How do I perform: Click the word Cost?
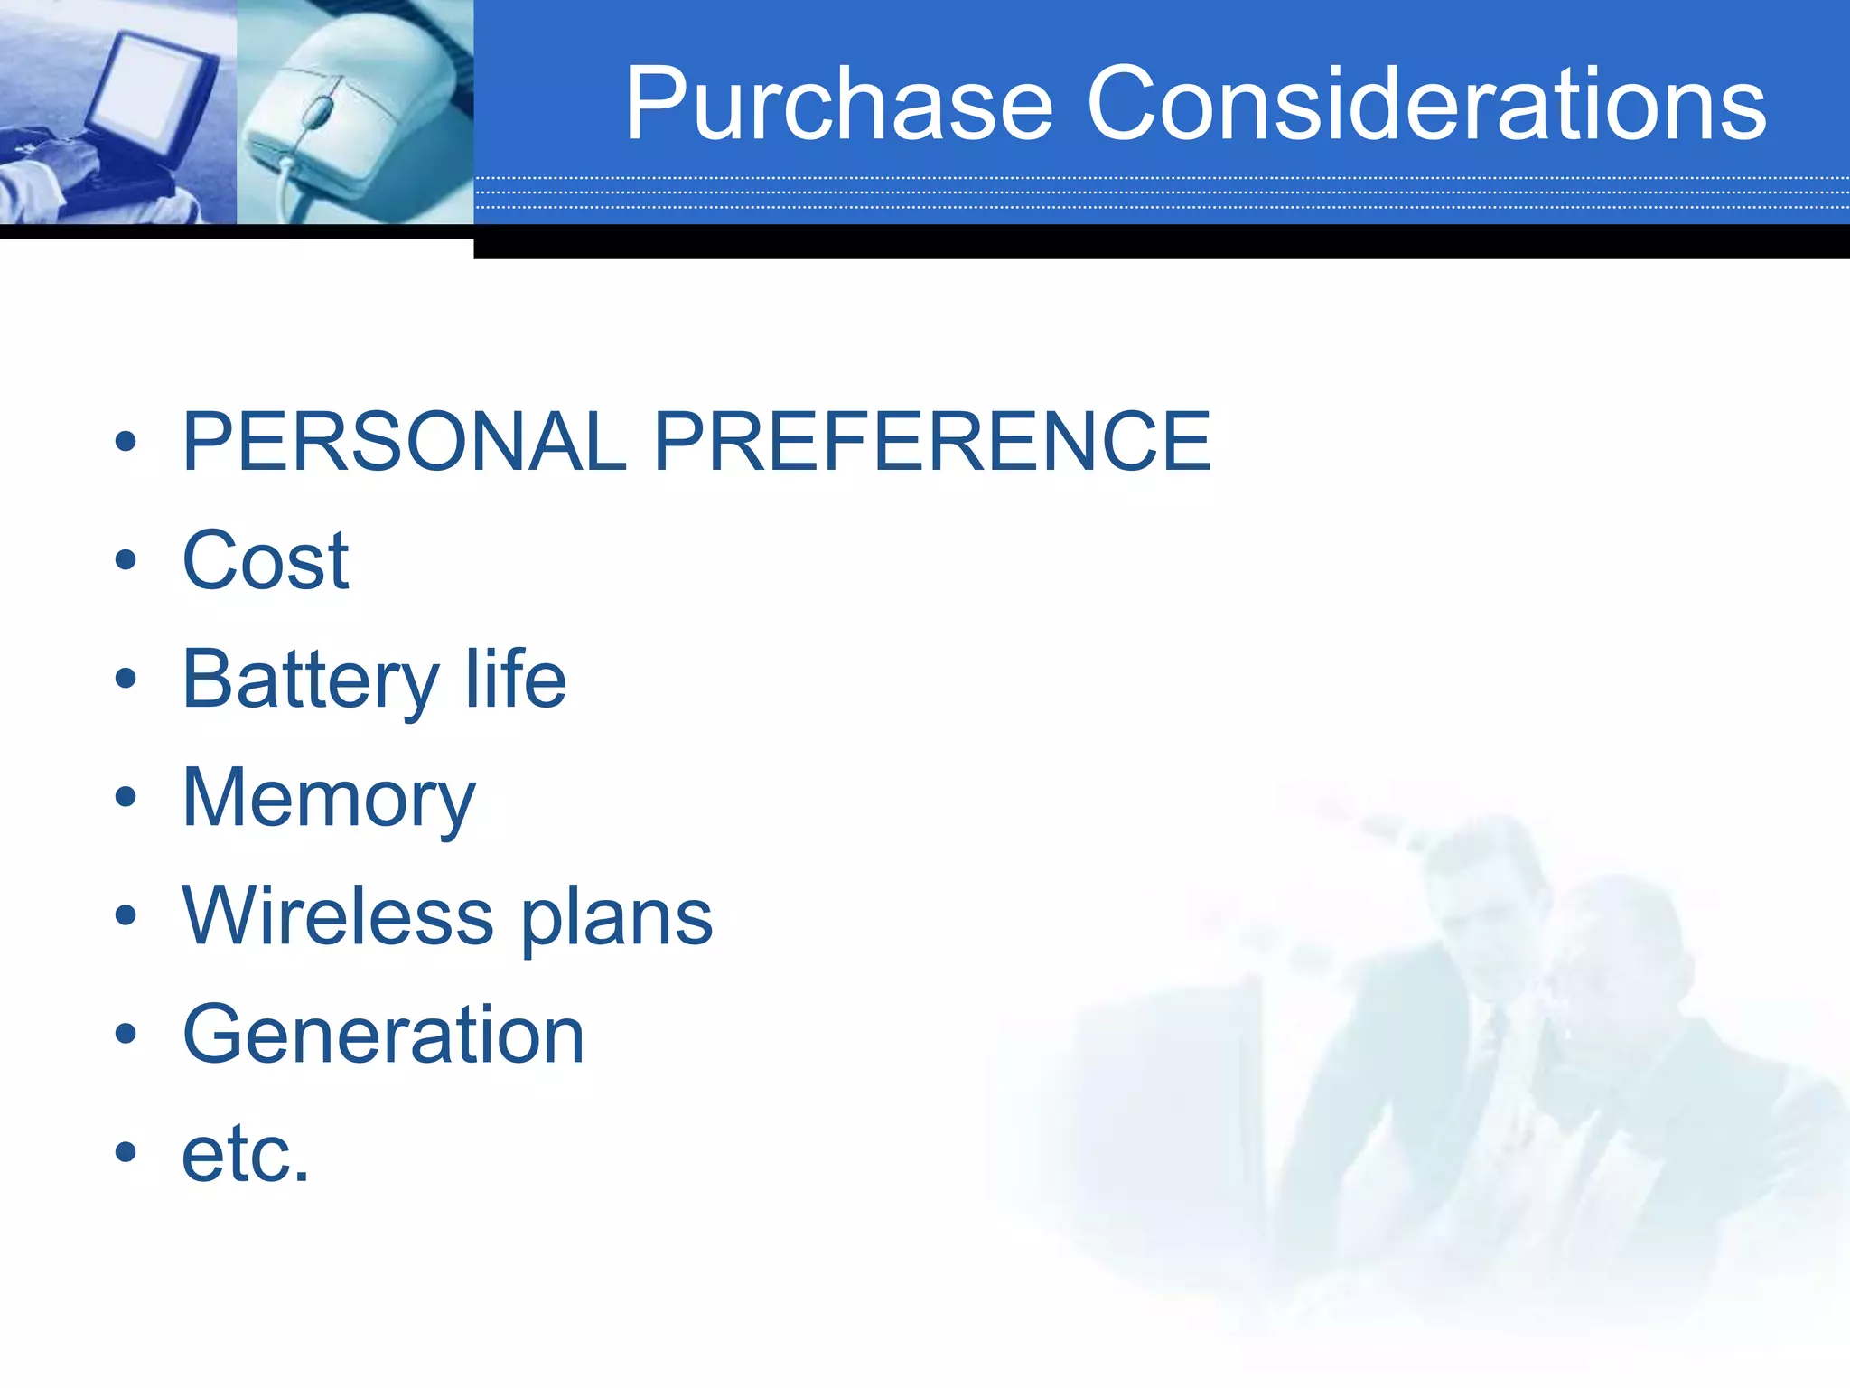[265, 560]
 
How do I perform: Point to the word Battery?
[310, 680]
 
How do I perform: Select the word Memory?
[328, 799]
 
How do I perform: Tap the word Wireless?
[338, 916]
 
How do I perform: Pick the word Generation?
[383, 1035]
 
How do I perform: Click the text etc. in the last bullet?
[245, 1154]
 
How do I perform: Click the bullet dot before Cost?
[126, 560]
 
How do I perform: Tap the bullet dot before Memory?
[126, 797]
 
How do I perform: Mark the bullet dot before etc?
[126, 1152]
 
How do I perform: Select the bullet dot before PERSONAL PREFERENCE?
[126, 442]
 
